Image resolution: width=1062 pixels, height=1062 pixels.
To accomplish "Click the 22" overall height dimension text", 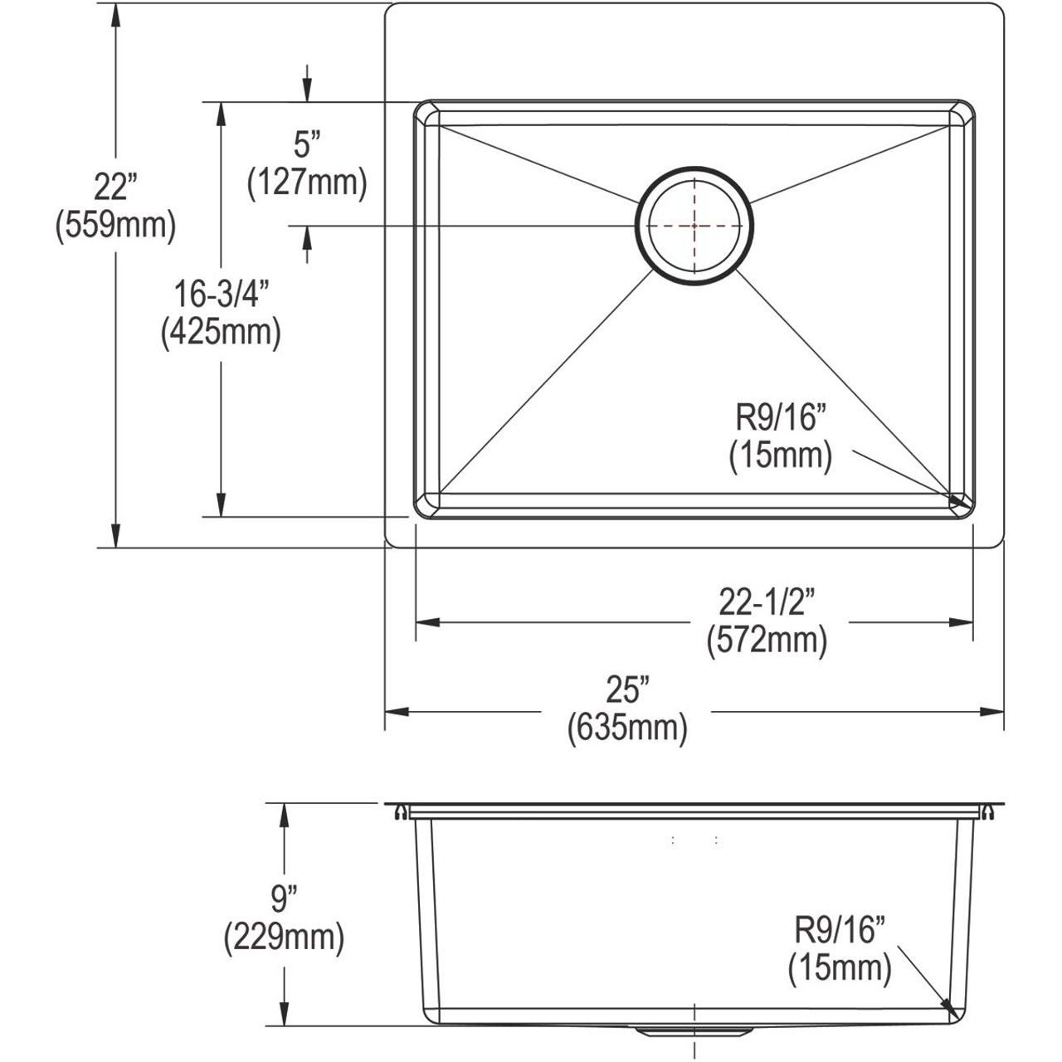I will coord(114,189).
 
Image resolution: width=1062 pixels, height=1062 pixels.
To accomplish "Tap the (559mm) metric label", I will coord(114,226).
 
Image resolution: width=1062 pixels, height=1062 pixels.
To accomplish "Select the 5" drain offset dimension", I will coord(307,146).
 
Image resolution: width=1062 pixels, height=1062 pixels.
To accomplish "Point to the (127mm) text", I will coord(307,183).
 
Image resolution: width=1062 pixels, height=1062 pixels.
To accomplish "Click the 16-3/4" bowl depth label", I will coord(220,295).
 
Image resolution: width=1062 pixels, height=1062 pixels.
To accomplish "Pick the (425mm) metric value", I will coord(220,332).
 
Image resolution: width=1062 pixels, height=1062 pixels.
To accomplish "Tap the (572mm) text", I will coord(767,641).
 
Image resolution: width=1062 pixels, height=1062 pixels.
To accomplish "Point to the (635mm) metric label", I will coord(627,728).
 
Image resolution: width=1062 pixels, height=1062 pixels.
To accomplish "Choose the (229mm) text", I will coord(284,938).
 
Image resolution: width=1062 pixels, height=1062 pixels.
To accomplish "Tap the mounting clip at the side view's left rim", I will coord(401,812).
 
